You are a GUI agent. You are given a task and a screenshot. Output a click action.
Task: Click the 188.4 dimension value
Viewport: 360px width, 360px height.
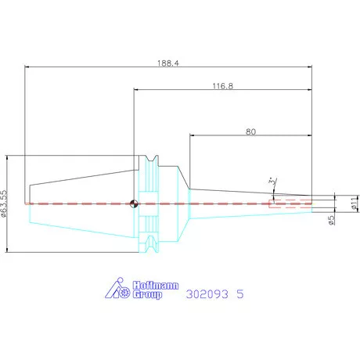(x=168, y=63)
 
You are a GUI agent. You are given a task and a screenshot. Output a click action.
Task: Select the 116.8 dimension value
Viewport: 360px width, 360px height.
(x=223, y=86)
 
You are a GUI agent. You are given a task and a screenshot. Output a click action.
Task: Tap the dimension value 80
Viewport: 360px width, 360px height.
(x=250, y=131)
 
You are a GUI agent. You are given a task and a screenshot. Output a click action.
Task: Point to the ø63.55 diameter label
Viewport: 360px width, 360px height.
(x=4, y=203)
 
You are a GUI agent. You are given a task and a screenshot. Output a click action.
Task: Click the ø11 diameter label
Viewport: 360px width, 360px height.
(x=354, y=203)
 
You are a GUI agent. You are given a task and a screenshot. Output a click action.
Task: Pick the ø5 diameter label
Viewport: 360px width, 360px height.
(x=331, y=220)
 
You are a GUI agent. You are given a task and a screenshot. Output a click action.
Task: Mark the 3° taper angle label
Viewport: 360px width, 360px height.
(x=272, y=181)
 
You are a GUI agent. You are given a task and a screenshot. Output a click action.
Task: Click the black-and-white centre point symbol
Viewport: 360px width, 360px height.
(x=134, y=203)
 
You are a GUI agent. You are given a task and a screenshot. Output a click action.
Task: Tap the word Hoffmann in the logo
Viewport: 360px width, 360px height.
(x=156, y=286)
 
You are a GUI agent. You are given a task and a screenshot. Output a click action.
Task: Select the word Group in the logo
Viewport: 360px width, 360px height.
(x=147, y=294)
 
